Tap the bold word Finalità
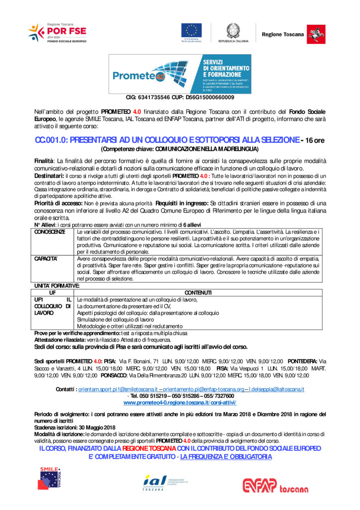44,161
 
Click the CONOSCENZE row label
50,232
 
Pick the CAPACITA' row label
46,259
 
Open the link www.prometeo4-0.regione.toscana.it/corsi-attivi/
180,402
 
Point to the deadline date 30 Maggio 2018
95,427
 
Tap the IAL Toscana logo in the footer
164,482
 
